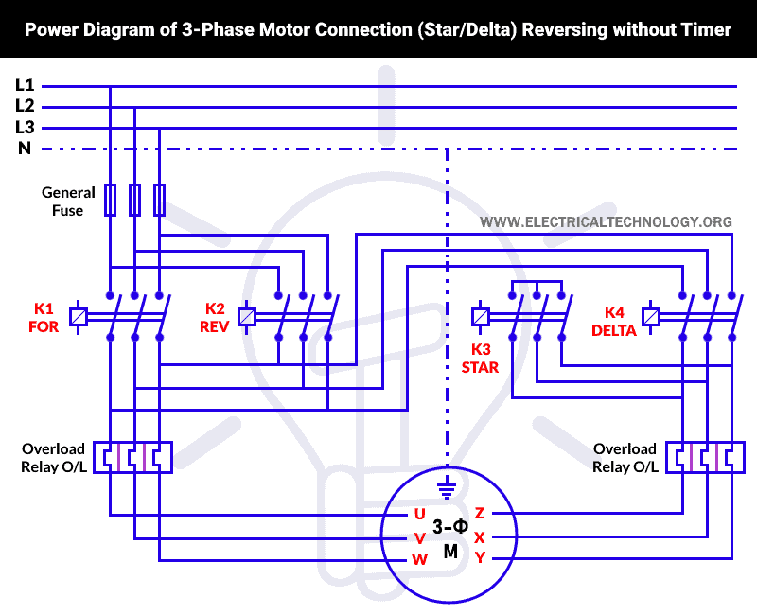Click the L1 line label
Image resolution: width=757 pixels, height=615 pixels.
pyautogui.click(x=25, y=85)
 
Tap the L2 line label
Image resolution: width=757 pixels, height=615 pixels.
pyautogui.click(x=25, y=106)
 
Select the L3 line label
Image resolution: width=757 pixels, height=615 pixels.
pyautogui.click(x=25, y=128)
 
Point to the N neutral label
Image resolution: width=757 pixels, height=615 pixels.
pyautogui.click(x=25, y=149)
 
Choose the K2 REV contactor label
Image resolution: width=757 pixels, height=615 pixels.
pyautogui.click(x=216, y=317)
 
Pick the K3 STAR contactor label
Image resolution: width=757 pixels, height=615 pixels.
pyautogui.click(x=480, y=359)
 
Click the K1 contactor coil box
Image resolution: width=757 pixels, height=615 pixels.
pyautogui.click(x=79, y=317)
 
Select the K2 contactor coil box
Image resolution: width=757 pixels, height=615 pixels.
pyautogui.click(x=248, y=317)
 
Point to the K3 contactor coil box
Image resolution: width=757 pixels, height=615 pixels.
pyautogui.click(x=481, y=317)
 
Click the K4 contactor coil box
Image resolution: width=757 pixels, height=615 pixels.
pyautogui.click(x=651, y=317)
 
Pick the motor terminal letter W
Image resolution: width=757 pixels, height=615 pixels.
pyautogui.click(x=419, y=559)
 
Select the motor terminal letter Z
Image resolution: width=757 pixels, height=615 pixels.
pyautogui.click(x=480, y=514)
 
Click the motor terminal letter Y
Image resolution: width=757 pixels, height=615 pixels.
pyautogui.click(x=480, y=558)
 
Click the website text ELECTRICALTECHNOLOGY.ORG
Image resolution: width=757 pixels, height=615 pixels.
pyautogui.click(x=606, y=222)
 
